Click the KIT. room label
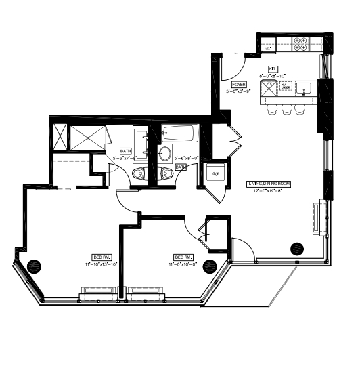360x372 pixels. pyautogui.click(x=273, y=69)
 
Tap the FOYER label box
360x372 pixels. pyautogui.click(x=238, y=84)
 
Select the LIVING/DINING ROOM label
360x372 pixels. pyautogui.click(x=267, y=184)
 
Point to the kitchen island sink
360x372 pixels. pyautogui.click(x=305, y=87)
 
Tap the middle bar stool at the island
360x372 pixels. pyautogui.click(x=287, y=108)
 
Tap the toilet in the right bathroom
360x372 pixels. pyautogui.click(x=166, y=174)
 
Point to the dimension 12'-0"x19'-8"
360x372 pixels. pyautogui.click(x=267, y=191)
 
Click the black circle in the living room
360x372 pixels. pyautogui.click(x=296, y=248)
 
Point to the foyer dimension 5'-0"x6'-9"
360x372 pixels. pyautogui.click(x=238, y=91)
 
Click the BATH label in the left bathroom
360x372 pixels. pyautogui.click(x=125, y=151)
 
